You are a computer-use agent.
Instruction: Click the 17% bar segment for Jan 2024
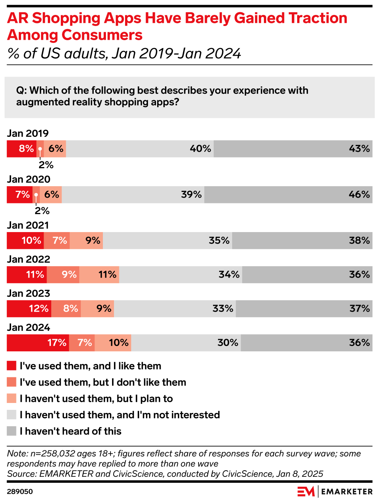(x=38, y=343)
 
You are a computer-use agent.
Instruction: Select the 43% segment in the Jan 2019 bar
(x=293, y=149)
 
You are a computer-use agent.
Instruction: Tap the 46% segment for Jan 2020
(x=288, y=195)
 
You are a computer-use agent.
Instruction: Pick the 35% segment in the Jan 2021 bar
(x=168, y=240)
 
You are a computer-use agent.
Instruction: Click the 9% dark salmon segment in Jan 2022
(x=63, y=275)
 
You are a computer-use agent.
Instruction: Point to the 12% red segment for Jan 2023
(x=29, y=309)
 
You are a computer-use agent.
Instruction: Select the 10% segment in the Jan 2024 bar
(x=113, y=343)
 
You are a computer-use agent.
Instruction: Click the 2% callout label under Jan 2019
(x=46, y=165)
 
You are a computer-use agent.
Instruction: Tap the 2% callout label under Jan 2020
(x=42, y=211)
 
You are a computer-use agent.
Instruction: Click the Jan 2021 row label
(x=28, y=225)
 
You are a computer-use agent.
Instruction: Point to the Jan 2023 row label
(x=28, y=293)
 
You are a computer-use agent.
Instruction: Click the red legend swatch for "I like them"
(x=11, y=366)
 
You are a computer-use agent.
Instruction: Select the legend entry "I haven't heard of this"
(x=70, y=431)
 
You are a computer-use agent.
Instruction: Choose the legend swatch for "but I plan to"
(x=11, y=398)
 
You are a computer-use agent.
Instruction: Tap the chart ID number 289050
(x=20, y=492)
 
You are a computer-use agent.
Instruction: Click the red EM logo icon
(x=306, y=492)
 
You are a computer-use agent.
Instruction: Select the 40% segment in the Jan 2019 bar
(x=140, y=149)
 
